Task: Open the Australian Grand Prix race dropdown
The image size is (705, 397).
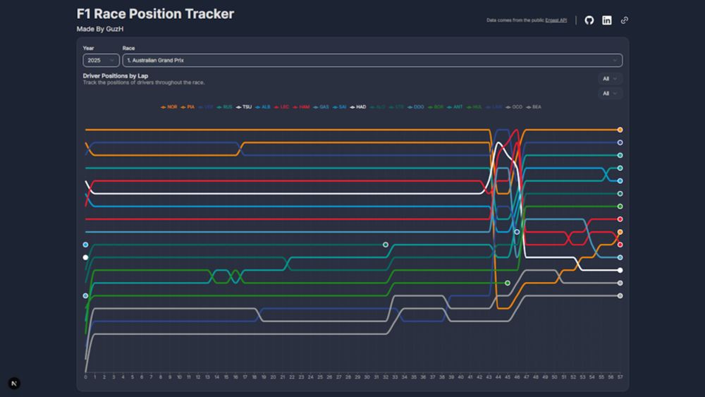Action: pyautogui.click(x=372, y=61)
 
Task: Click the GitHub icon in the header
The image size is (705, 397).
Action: pyautogui.click(x=589, y=20)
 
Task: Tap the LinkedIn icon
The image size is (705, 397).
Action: pyautogui.click(x=607, y=20)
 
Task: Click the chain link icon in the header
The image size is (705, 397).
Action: pyautogui.click(x=625, y=20)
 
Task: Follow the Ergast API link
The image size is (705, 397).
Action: pyautogui.click(x=556, y=20)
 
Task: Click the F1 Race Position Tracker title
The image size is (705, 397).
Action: pyautogui.click(x=155, y=14)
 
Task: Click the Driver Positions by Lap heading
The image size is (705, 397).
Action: pyautogui.click(x=116, y=75)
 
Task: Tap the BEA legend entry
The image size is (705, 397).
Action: pyautogui.click(x=534, y=106)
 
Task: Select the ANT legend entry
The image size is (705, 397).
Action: pyautogui.click(x=455, y=106)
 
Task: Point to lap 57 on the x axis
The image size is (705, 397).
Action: pyautogui.click(x=620, y=377)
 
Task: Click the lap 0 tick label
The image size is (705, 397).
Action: pyautogui.click(x=86, y=377)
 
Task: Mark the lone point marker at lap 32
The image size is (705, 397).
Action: pyautogui.click(x=386, y=245)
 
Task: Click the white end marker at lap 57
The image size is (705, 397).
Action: pyautogui.click(x=620, y=270)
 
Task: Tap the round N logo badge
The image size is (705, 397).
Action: pyautogui.click(x=15, y=383)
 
